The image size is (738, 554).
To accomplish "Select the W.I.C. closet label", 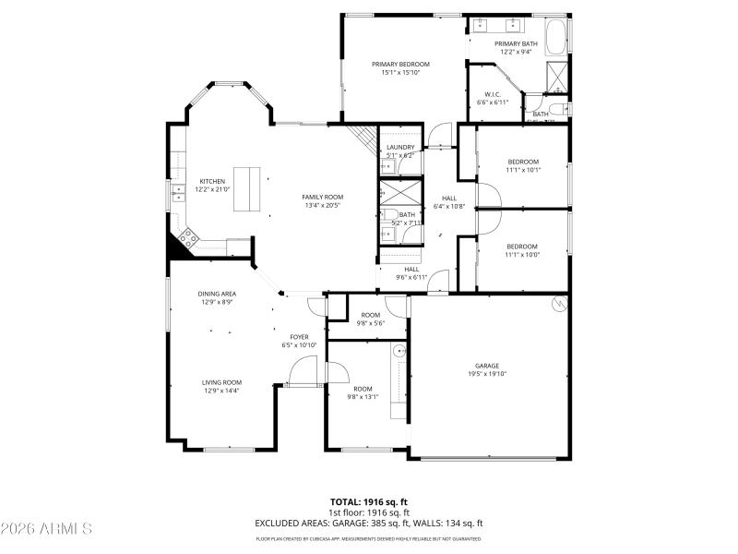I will pos(492,94).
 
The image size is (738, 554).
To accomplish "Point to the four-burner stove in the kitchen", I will pos(188,239).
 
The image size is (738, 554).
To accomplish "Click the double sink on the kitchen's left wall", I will pos(176,191).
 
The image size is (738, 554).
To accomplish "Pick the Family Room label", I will pos(322,198).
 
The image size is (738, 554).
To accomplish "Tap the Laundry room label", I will pos(399,147).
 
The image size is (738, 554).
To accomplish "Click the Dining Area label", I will pos(217,295).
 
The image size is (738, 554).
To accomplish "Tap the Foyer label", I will pos(299,337).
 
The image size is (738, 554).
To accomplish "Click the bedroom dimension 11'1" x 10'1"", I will pos(522,170).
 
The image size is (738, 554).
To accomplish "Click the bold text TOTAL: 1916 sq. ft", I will pos(369,502).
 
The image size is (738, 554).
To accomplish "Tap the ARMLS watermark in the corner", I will pos(46,529).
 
